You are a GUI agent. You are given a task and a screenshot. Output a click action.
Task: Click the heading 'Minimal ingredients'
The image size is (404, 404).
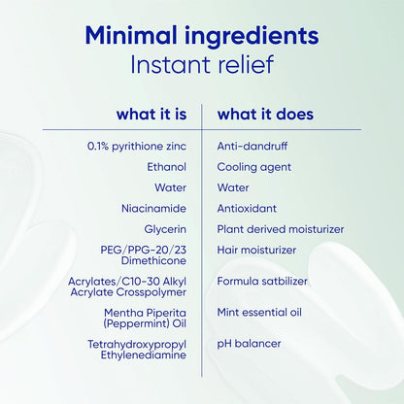pos(202,36)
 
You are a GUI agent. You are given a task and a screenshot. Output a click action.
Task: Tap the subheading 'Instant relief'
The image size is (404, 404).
pos(202,64)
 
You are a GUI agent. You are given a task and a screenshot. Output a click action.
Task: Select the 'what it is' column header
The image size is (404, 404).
pos(151,114)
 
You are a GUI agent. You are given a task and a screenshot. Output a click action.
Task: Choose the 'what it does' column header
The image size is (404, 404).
pos(265,114)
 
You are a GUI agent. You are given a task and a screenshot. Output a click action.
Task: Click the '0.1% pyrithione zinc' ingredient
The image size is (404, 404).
pos(137,147)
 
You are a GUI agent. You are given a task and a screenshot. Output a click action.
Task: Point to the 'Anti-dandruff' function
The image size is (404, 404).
pos(252,146)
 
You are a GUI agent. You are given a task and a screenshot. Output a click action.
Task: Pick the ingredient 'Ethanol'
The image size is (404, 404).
pos(167,167)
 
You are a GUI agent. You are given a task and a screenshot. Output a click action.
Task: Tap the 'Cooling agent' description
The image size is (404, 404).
pos(254,167)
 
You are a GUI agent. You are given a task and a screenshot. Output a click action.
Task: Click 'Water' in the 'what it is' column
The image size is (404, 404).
pos(170,187)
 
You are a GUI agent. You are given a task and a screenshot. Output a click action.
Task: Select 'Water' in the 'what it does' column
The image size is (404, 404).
pos(233,187)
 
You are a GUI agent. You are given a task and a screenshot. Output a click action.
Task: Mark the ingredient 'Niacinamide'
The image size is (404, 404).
pos(153,208)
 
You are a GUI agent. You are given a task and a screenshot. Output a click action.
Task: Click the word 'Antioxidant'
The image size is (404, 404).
pos(247,208)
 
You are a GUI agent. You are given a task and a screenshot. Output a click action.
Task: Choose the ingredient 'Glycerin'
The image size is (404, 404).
pos(165,229)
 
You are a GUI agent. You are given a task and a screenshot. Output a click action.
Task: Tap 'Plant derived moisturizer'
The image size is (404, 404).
pos(281,229)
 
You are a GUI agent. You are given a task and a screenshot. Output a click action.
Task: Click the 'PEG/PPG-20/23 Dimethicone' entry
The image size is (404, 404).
pos(144,255)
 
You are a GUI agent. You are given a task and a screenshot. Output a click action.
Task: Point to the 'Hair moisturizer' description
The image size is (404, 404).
pos(256,250)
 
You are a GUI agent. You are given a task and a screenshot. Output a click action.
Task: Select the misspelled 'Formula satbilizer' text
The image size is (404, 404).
pos(262,281)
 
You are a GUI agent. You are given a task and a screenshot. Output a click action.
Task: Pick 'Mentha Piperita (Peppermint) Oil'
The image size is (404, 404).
pos(145,319)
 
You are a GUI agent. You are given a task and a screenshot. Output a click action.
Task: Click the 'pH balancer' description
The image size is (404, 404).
pos(249,344)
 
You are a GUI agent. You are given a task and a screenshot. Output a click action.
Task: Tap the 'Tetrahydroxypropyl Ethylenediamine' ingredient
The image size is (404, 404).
pos(137,350)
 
